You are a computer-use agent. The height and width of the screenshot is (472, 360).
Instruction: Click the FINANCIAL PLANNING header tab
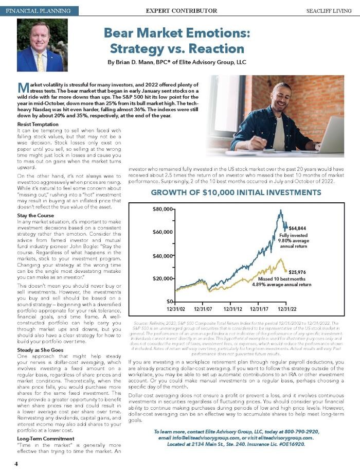click(39, 10)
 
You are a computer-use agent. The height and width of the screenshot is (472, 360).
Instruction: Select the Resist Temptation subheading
click(39, 125)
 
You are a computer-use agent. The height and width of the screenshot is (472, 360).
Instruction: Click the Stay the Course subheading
click(35, 215)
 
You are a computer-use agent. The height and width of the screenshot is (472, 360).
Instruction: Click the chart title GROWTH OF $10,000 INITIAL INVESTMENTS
click(236, 193)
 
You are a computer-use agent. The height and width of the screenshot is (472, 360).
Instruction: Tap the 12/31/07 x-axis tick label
click(205, 309)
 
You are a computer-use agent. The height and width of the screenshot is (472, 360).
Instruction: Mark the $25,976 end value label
click(297, 272)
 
